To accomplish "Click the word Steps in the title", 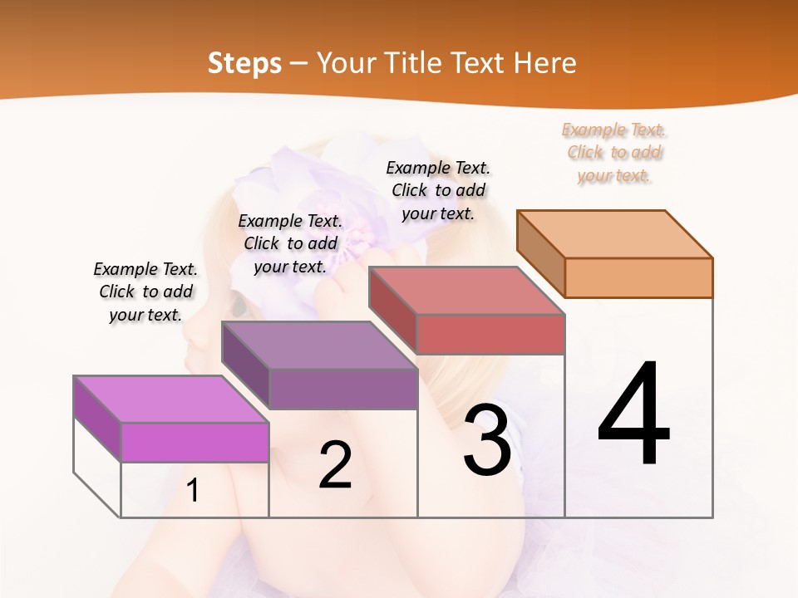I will [x=244, y=63].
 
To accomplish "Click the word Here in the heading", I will [x=544, y=63].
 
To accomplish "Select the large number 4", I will [x=633, y=415].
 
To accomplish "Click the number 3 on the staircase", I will [x=486, y=440].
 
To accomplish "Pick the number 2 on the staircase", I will [x=335, y=465].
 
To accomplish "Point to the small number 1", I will [x=192, y=491].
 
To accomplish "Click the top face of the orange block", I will [x=615, y=233].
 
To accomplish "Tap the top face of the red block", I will [x=467, y=291].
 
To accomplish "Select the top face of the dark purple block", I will [x=319, y=345].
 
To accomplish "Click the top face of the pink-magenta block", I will [x=171, y=399].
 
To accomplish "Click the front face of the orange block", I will [x=638, y=277].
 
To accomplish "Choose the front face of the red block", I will [x=490, y=334].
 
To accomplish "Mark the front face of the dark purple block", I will [x=342, y=388].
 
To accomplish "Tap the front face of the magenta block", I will [x=195, y=442].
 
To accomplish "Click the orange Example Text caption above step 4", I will [x=614, y=152].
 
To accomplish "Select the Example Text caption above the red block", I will [x=438, y=190].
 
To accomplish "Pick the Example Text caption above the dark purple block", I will [x=290, y=243].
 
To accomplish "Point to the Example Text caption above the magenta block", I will [x=145, y=292].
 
